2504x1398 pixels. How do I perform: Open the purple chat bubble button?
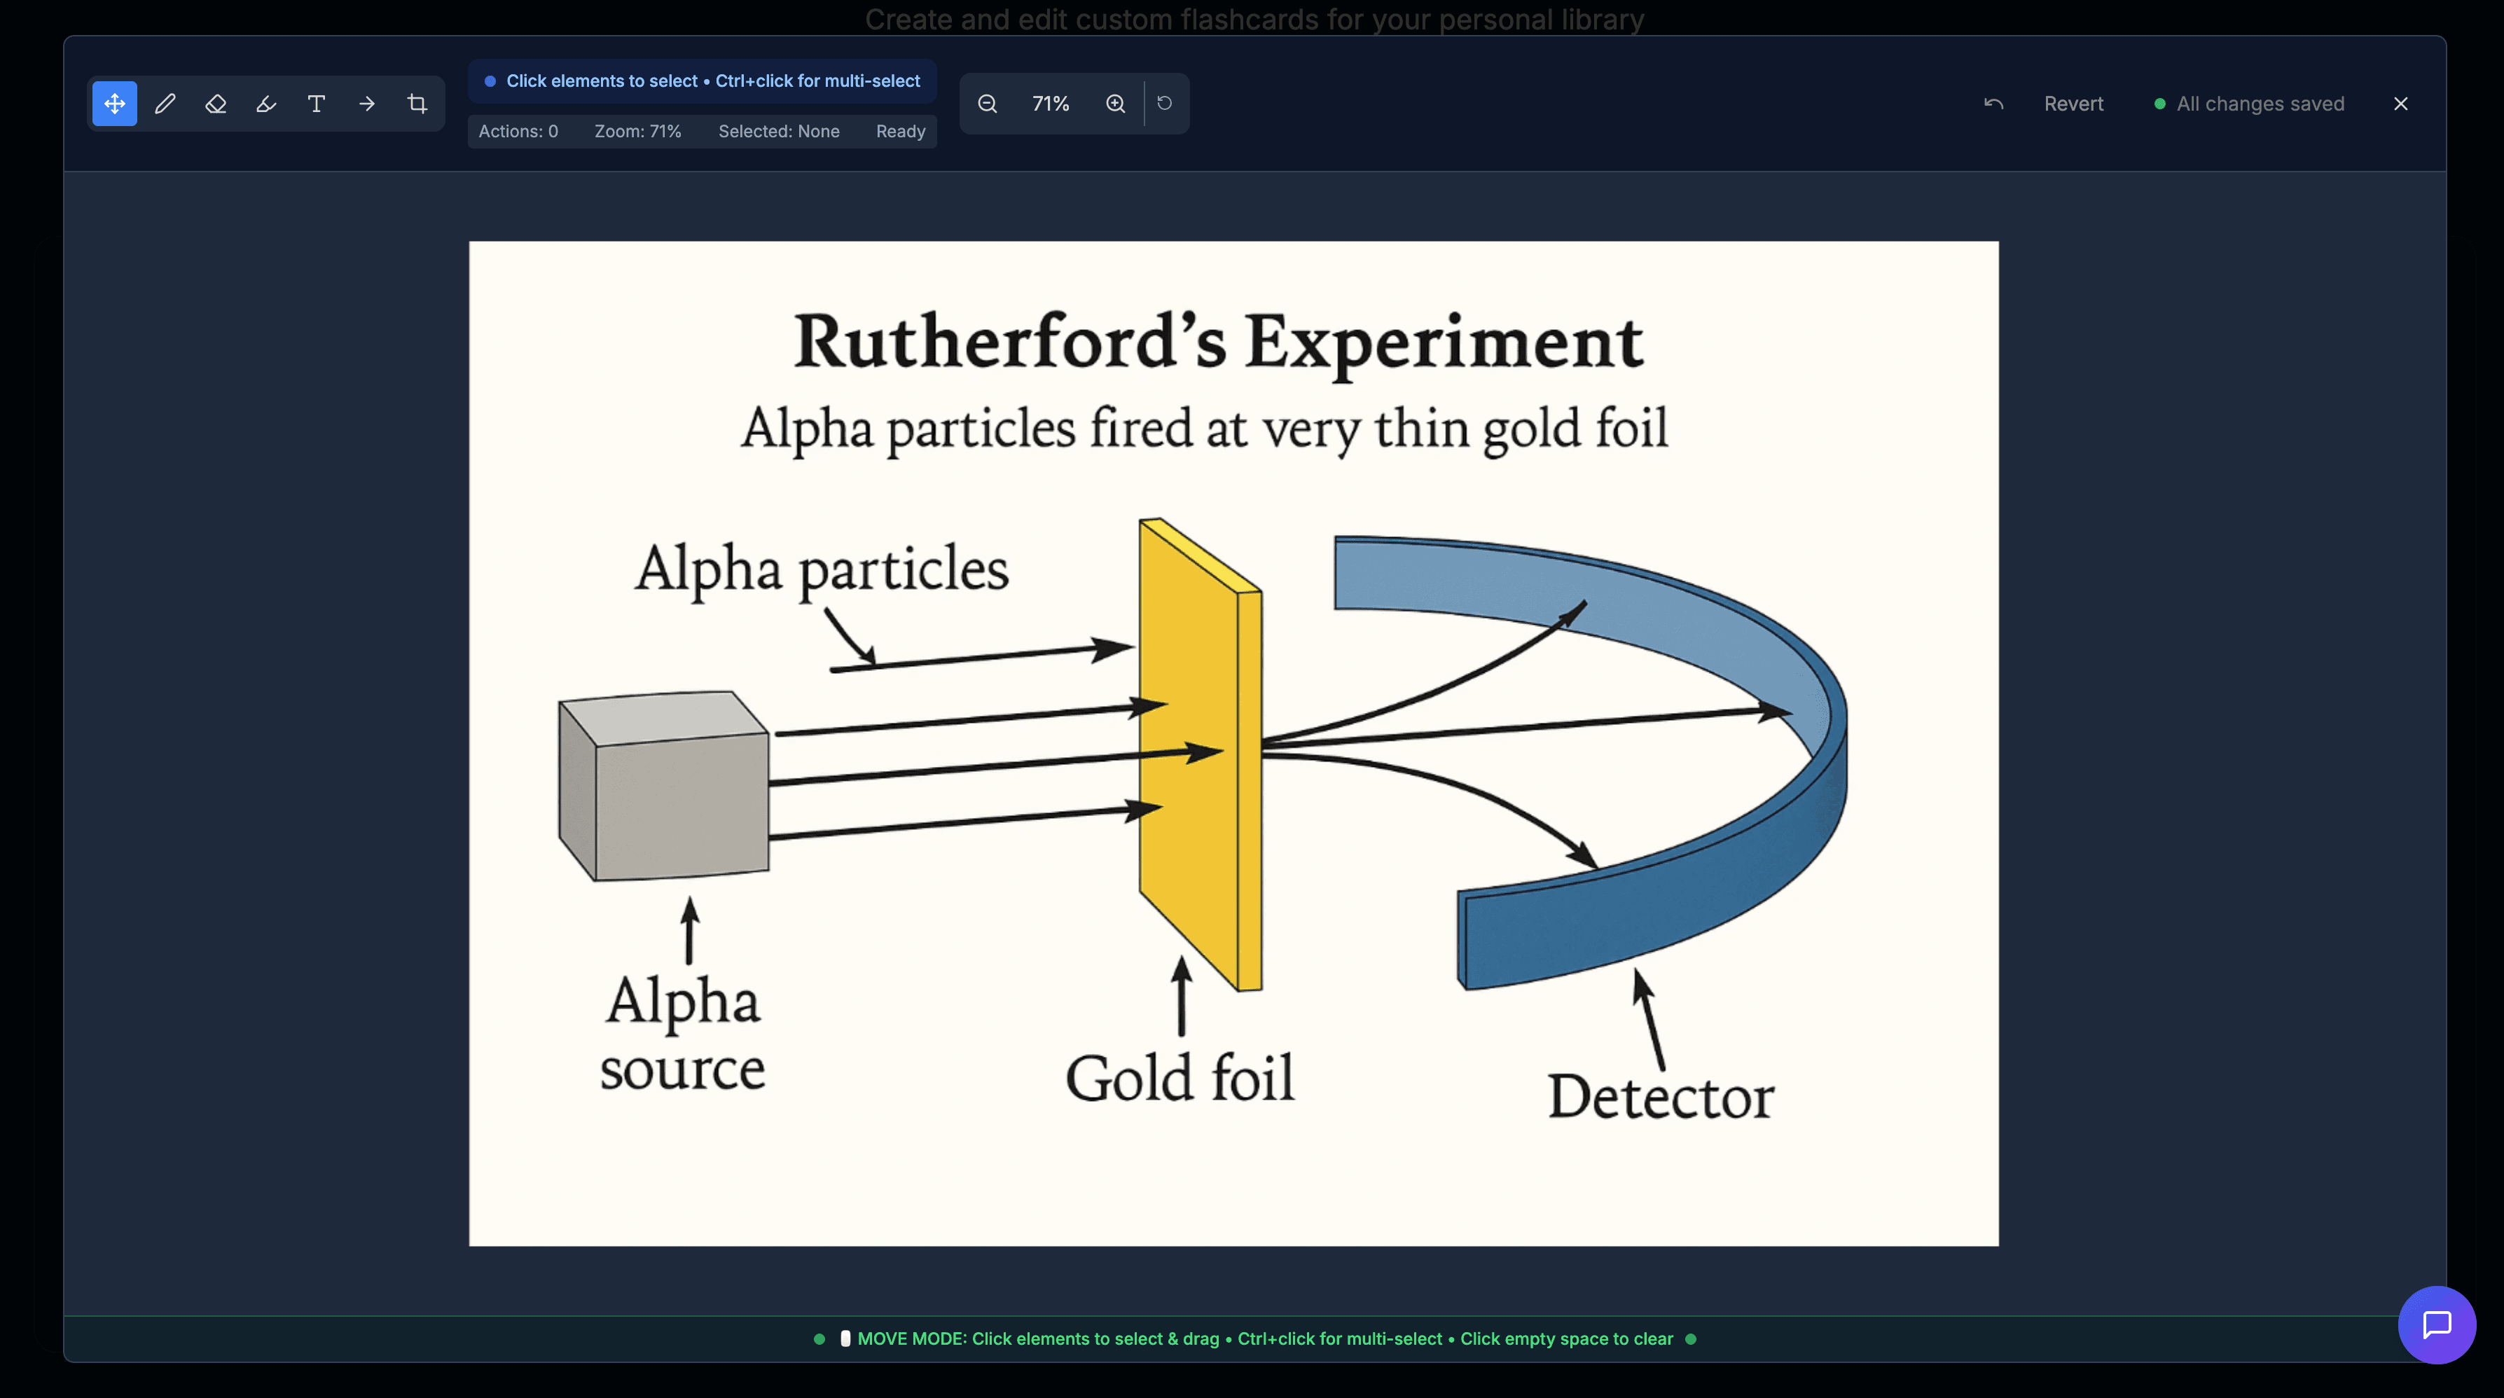pos(2436,1324)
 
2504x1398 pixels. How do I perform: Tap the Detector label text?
pos(1660,1098)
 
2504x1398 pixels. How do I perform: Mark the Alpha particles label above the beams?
pos(822,569)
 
